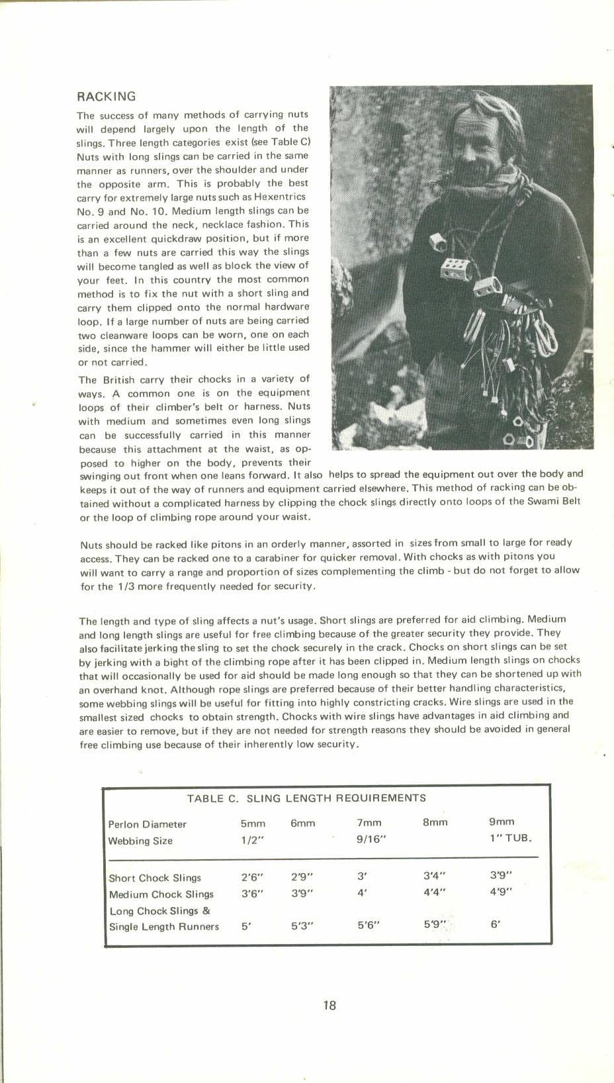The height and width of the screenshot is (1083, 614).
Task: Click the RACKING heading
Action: [x=106, y=97]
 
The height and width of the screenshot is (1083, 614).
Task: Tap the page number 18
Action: [x=329, y=1005]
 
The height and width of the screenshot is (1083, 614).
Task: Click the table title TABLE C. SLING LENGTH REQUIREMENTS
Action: [x=306, y=798]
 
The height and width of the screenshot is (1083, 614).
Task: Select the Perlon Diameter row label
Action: [x=147, y=824]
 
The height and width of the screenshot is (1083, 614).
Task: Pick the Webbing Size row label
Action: [x=140, y=841]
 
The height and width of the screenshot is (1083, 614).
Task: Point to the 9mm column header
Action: [x=502, y=822]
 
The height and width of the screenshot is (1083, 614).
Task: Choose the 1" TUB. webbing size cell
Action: [x=510, y=838]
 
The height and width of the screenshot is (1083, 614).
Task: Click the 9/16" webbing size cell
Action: [x=371, y=839]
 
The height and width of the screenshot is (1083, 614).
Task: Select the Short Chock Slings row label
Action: [x=155, y=878]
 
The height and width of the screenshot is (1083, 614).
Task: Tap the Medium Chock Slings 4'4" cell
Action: [x=434, y=891]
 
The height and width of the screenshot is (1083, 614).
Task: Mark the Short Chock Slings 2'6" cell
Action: [x=252, y=876]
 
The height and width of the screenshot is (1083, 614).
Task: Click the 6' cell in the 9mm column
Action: [x=496, y=924]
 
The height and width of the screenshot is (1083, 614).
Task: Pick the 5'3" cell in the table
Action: [x=301, y=925]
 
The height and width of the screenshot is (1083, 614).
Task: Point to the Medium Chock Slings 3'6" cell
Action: [x=252, y=893]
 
